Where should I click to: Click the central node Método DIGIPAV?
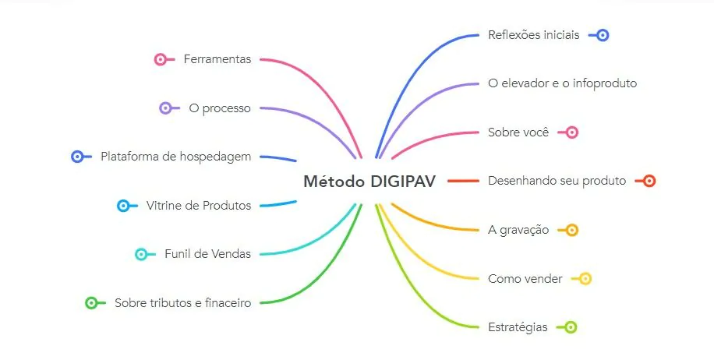369,182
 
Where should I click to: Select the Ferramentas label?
217,59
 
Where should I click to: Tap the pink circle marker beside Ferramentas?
161,59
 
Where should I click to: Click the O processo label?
220,108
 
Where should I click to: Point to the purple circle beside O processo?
165,108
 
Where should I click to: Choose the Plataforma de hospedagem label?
175,157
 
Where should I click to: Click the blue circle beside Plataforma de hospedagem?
77,157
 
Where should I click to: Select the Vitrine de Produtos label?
198,206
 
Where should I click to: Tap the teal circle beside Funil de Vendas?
141,254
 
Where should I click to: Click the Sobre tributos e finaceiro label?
182,303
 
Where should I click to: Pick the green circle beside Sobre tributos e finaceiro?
91,303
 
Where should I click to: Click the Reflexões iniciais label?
533,35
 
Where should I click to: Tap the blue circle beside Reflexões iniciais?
603,35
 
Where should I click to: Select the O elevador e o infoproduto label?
562,83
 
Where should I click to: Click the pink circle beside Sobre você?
572,132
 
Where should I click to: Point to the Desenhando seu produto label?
557,181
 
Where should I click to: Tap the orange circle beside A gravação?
571,230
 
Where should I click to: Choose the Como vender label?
525,278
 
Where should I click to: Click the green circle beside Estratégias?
571,327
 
